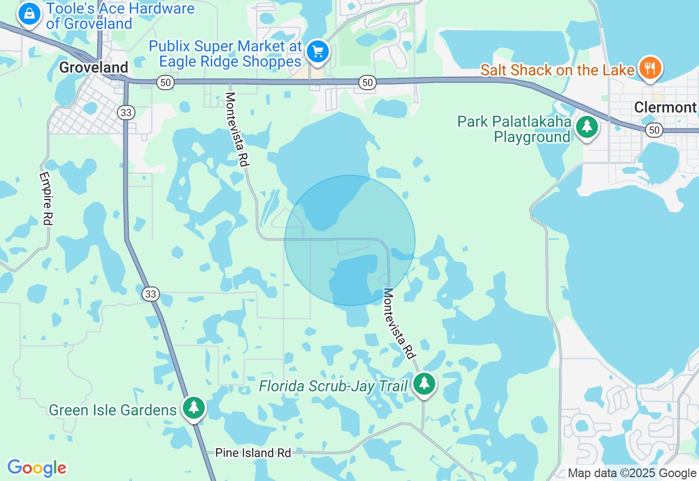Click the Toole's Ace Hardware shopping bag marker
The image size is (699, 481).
point(29,13)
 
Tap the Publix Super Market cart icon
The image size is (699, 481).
point(317,52)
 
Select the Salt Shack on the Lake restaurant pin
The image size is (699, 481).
point(649,68)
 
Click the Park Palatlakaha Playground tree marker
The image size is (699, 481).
point(587,127)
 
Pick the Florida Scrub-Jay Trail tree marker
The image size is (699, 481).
point(424,384)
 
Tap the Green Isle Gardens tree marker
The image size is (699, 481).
point(193,408)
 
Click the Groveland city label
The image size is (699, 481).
point(94,67)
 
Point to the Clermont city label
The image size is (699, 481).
point(665,107)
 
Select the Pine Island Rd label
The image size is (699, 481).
point(253,453)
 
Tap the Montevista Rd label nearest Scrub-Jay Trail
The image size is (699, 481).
point(398,324)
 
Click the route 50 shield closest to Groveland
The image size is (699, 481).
point(165,83)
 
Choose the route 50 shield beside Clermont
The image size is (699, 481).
point(654,130)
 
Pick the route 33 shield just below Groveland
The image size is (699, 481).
point(126,113)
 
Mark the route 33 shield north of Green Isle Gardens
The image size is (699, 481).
point(151,294)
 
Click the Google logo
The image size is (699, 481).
point(37,468)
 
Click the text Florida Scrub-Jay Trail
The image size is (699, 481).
point(333,386)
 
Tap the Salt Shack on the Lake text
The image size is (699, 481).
point(557,70)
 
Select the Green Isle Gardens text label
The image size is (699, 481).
point(112,410)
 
